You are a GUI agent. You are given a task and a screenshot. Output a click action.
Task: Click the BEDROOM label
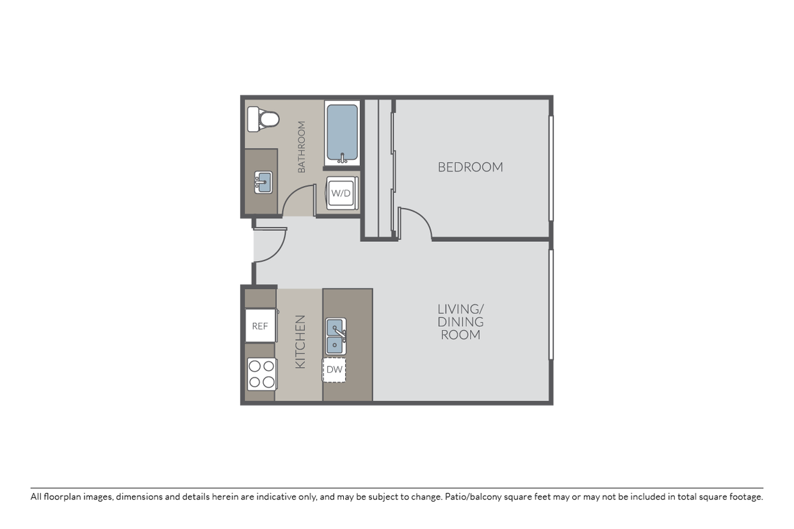pos(470,167)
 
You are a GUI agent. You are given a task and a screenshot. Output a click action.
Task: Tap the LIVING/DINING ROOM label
pos(460,321)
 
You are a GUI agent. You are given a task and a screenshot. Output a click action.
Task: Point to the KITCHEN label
pos(300,342)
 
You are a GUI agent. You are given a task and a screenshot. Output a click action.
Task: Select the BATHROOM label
pos(302,147)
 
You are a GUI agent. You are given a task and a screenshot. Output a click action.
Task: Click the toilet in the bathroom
pos(264,118)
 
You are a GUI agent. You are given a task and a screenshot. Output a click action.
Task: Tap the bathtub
pos(342,132)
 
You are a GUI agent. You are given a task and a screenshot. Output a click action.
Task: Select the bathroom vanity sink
pos(263,182)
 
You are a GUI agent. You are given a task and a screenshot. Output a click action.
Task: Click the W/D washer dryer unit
pos(341,193)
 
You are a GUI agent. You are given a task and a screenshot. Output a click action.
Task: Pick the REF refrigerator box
pos(259,326)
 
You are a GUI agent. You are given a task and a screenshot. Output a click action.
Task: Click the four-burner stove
pos(261,374)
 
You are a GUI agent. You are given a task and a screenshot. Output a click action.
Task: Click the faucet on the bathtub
pos(343,157)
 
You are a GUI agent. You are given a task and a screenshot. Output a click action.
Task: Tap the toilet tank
pos(253,118)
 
